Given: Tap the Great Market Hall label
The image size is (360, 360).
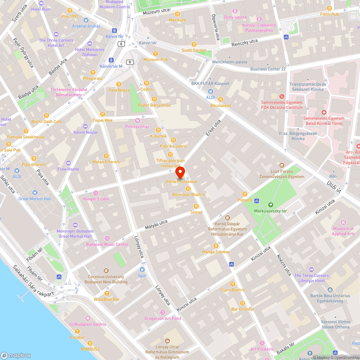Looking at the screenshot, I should pos(35,199).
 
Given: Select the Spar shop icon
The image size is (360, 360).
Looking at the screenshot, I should pos(142,269).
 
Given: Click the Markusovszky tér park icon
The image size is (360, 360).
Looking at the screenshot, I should pos(271,204).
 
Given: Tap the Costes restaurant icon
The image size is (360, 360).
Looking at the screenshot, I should pos(146,83).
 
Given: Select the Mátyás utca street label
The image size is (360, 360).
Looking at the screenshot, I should pos(156,225).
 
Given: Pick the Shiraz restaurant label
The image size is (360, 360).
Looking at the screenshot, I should pos(196,212).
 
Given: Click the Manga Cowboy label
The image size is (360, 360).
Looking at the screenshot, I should pos(216,252).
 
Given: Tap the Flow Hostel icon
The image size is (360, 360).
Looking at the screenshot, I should pos(68,163).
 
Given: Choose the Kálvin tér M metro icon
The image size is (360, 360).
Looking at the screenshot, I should pos(111,60).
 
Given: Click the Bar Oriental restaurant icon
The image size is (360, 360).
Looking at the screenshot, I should pos(242,303).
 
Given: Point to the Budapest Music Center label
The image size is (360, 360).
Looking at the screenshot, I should pos(107,244).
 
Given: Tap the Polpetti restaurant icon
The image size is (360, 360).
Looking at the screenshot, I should pos(245,194).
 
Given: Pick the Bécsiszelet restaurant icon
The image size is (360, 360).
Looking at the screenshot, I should pos(221,99).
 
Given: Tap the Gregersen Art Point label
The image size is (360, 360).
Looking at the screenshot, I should pos(163,319).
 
